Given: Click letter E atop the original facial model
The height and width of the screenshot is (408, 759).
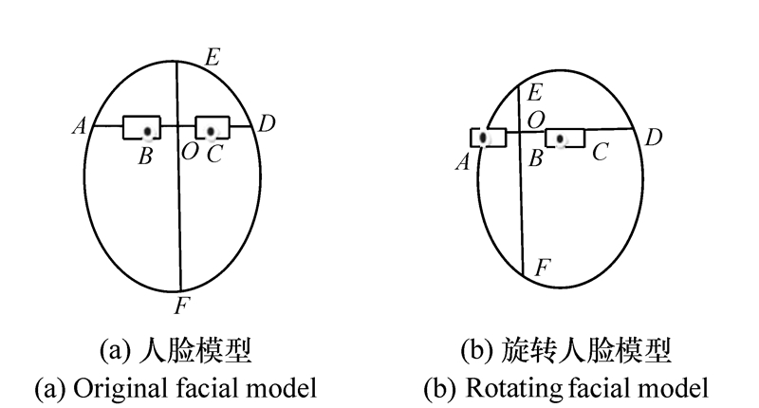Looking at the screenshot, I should click(213, 56).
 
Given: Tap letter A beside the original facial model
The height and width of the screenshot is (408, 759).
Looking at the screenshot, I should click(79, 124).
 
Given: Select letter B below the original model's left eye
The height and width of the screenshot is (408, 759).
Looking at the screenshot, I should click(145, 157).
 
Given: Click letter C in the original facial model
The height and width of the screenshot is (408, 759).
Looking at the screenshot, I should click(213, 155).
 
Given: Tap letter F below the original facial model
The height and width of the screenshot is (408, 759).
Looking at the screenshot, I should click(181, 306).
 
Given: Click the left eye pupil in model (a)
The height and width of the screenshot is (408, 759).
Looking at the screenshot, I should click(147, 130).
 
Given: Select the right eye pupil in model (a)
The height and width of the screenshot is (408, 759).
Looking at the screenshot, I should click(211, 129).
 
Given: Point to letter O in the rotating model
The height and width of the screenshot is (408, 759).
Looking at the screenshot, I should click(536, 119).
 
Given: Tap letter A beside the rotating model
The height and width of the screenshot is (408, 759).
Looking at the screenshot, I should click(463, 162).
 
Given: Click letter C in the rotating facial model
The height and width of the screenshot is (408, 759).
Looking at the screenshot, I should click(599, 151).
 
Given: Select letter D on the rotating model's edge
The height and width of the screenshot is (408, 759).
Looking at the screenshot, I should click(653, 139).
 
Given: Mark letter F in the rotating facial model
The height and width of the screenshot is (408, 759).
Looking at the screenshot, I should click(542, 269).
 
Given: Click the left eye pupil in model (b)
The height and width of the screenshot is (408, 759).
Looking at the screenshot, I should click(484, 139).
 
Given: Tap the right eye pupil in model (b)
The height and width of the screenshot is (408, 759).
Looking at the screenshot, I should click(562, 140).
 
